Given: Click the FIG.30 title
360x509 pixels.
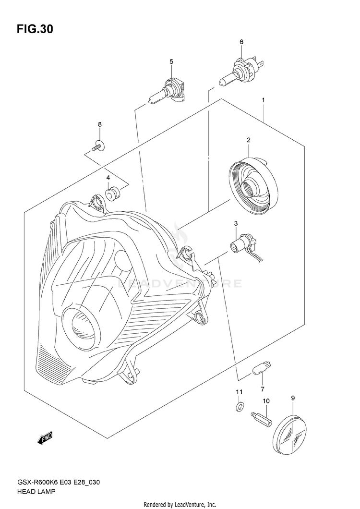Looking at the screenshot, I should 35,29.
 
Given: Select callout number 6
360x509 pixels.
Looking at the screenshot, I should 241,42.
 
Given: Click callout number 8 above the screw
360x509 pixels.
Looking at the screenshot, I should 100,125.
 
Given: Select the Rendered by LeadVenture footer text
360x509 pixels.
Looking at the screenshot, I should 180,504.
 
